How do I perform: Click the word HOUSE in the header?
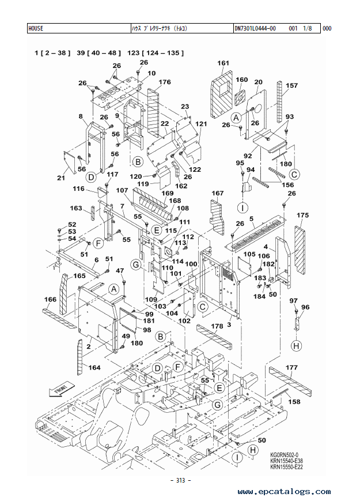36,28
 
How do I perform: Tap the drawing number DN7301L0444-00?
255,28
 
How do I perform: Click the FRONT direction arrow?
62,389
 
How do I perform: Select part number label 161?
223,63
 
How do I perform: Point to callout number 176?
165,82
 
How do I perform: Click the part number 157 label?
291,85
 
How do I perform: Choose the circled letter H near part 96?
297,346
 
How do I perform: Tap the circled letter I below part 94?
243,208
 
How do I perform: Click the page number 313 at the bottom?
181,480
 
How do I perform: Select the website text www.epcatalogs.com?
284,491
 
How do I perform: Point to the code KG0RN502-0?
284,455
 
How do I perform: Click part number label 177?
291,367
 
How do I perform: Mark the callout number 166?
50,299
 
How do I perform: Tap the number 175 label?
302,215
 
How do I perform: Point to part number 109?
151,299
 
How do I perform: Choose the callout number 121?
201,123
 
